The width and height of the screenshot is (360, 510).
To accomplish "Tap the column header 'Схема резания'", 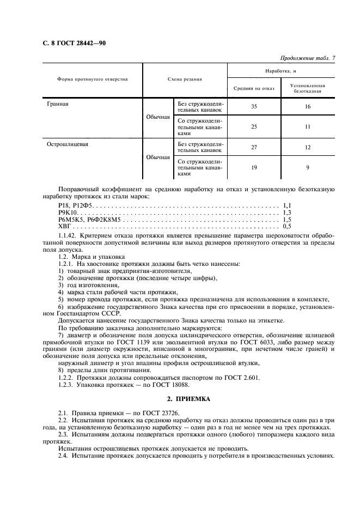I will pyautogui.click(x=185, y=79).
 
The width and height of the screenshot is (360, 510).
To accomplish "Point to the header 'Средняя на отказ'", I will pyautogui.click(x=254, y=88).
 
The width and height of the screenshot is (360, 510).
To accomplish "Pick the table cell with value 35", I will pyautogui.click(x=254, y=107).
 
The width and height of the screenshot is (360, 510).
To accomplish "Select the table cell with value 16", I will pyautogui.click(x=308, y=107).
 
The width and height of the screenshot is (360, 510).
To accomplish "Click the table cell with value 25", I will pyautogui.click(x=254, y=126).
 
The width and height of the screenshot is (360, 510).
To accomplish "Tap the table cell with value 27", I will pyautogui.click(x=254, y=148).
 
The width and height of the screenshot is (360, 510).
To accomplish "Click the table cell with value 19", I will pyautogui.click(x=254, y=168).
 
